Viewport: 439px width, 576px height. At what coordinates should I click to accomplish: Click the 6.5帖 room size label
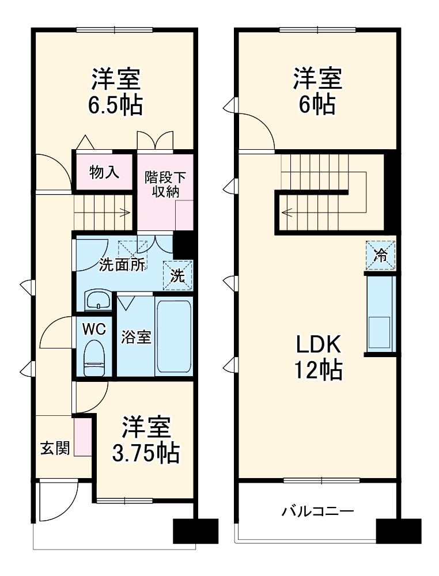point(116,105)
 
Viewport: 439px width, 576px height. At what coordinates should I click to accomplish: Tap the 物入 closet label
point(104,171)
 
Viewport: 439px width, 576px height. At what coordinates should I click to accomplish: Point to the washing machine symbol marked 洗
point(179,275)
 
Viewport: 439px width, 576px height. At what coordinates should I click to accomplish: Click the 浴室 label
point(136,338)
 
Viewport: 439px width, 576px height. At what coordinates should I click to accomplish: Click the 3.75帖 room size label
point(145,454)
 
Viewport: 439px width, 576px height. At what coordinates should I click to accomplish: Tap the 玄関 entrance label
point(55,448)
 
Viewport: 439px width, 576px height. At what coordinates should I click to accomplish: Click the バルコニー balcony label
point(317,511)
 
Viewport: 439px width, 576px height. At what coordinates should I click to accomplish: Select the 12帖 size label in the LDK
point(319,369)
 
